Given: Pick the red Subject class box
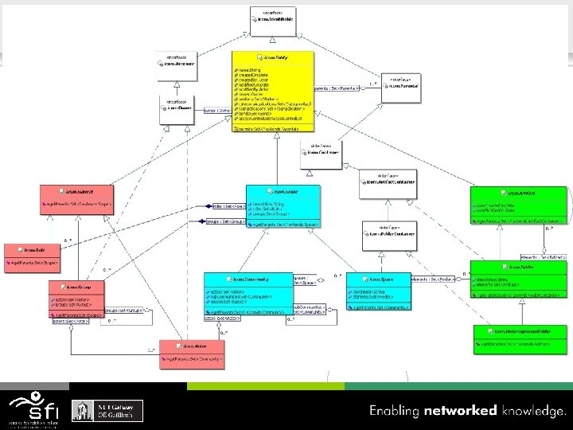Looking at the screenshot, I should coord(77,198).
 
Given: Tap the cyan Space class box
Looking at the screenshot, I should coord(379,291).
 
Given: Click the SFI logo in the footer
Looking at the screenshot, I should coord(33,408).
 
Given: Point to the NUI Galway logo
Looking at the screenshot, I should coord(108,409).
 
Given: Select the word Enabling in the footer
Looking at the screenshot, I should coord(394,412).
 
